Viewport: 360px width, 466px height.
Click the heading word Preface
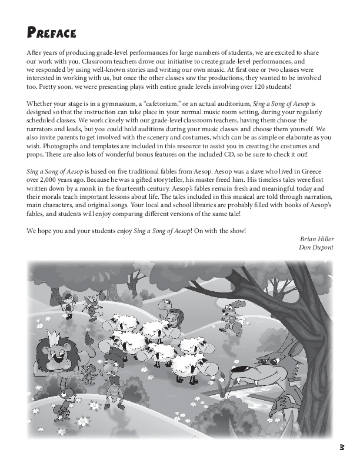pyautogui.click(x=52, y=31)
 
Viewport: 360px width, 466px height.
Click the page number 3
pyautogui.click(x=342, y=448)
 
